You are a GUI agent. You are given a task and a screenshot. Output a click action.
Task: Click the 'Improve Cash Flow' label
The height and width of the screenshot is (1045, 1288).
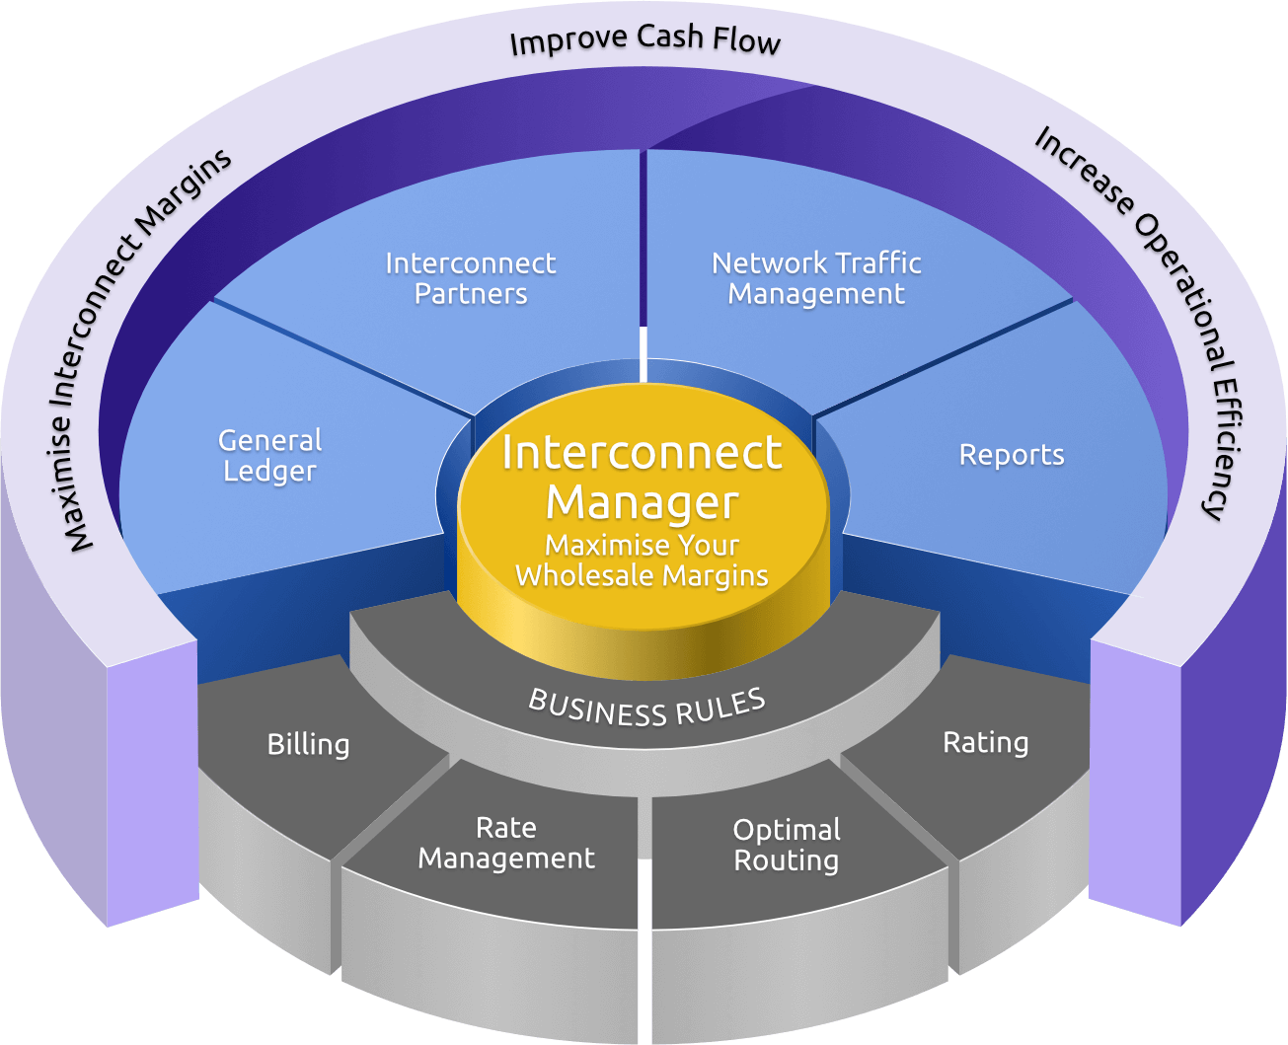tap(644, 40)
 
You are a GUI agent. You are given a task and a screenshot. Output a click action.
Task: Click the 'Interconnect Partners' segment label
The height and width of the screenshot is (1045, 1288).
tap(471, 278)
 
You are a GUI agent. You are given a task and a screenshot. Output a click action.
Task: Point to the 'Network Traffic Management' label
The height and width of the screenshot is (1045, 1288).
tap(816, 278)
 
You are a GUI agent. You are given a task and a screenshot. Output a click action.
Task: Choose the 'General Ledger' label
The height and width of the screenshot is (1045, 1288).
tap(269, 455)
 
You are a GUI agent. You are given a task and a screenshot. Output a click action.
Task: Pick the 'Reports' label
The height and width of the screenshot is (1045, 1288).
tap(1012, 455)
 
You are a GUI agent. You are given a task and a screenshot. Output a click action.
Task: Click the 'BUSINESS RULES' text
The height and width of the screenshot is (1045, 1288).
tap(647, 708)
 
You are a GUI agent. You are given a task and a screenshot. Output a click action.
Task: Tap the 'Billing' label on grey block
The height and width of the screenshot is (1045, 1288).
tap(308, 744)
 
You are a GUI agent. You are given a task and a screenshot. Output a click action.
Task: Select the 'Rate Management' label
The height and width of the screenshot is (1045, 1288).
tap(506, 843)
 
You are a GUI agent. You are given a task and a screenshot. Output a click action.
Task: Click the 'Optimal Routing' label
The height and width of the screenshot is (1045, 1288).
tap(787, 845)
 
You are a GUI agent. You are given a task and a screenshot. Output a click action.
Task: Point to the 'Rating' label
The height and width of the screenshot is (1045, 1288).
tap(985, 742)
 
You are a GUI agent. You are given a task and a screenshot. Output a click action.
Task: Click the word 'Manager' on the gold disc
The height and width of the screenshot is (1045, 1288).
tap(642, 502)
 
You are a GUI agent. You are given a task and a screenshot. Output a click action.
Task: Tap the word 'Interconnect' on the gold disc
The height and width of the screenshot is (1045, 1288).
tap(642, 453)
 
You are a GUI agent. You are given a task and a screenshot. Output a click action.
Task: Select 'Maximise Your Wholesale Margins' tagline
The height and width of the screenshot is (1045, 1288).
tap(642, 560)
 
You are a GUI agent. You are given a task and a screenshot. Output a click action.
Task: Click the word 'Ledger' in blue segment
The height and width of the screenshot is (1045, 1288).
tap(269, 471)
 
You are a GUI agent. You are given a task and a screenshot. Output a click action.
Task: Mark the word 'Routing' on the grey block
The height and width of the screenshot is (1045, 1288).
tap(786, 860)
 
